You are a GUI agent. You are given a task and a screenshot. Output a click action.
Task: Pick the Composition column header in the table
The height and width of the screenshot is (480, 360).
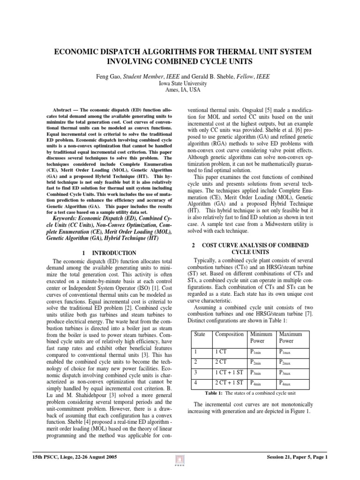pos(229,334)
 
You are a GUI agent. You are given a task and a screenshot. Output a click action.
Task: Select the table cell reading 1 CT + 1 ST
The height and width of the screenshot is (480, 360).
pos(228,373)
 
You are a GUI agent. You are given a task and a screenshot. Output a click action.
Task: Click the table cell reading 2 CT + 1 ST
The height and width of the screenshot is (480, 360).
pos(228,384)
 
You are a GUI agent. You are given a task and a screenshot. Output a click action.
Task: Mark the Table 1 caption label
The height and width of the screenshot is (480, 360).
pos(215,393)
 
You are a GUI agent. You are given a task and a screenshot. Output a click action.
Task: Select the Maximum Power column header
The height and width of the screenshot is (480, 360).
pos(291,337)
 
